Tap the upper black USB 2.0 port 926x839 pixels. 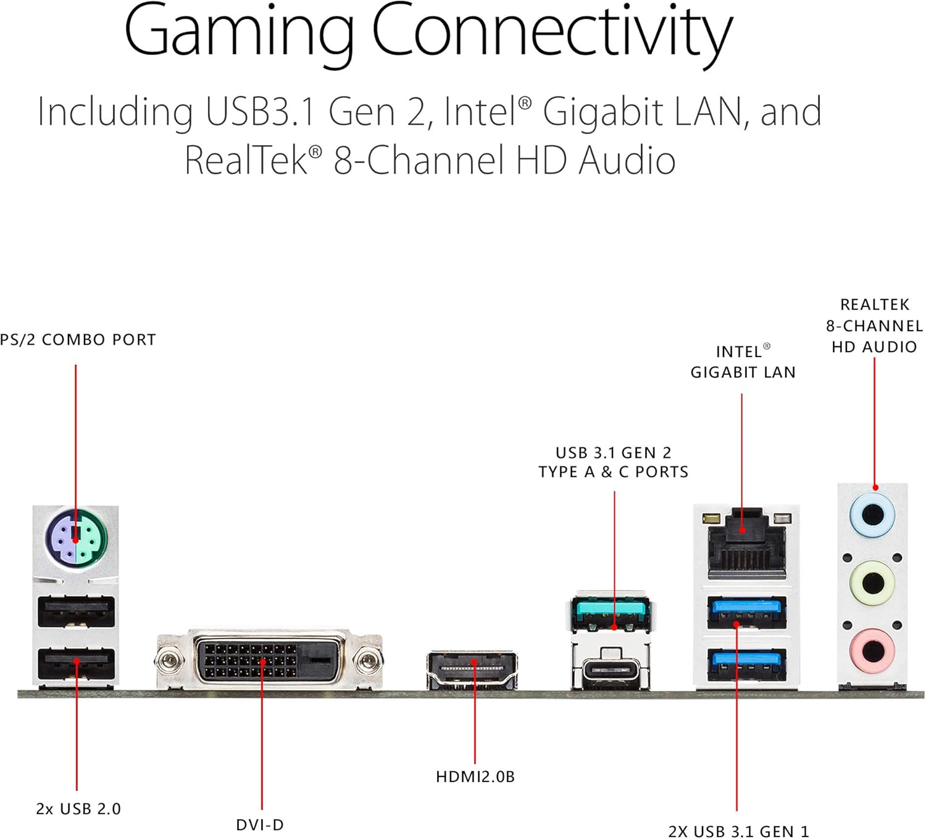(x=77, y=612)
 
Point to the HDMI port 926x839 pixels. (x=472, y=670)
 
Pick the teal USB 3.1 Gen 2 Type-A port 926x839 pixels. (x=611, y=613)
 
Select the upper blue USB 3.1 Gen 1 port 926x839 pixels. (x=747, y=612)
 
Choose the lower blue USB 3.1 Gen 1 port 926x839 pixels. (x=747, y=664)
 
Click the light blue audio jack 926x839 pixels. (x=872, y=515)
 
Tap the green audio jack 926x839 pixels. (x=872, y=582)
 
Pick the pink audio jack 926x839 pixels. (x=872, y=651)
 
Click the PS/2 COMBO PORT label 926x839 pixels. (x=78, y=340)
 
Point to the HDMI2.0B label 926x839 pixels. (x=475, y=777)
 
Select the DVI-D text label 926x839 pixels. (x=260, y=825)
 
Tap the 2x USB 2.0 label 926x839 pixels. (x=78, y=809)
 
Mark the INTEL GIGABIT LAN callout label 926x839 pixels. (x=743, y=361)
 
